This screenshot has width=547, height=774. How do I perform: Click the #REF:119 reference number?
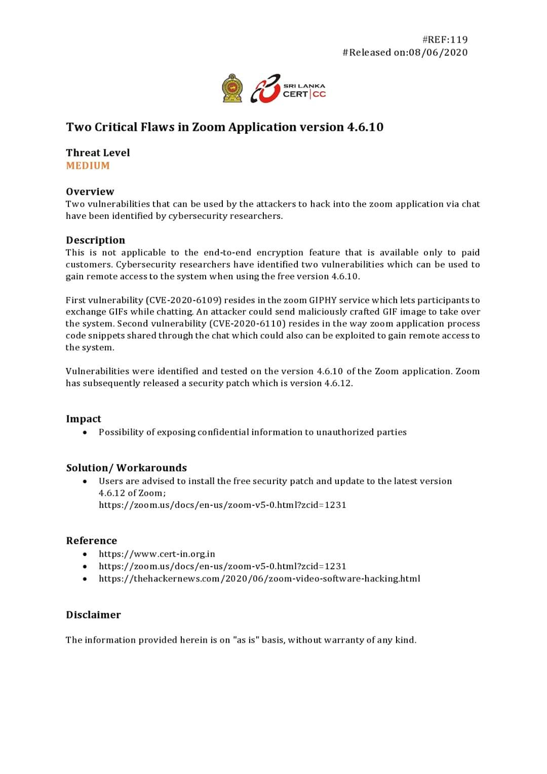point(445,40)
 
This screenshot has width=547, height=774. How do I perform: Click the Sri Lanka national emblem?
point(232,88)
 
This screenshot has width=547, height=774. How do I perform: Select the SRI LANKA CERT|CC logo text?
point(304,91)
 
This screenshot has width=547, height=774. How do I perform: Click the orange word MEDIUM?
point(88,166)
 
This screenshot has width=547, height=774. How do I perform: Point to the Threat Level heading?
point(98,153)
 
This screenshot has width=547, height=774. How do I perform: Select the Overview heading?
point(90,192)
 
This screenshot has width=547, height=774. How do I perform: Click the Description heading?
point(95,240)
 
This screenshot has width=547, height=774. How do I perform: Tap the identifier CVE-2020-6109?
point(184,300)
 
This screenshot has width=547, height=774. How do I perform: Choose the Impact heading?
point(84,419)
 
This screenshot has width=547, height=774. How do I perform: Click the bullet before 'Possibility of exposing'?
point(85,432)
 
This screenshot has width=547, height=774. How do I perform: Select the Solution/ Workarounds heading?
point(126,468)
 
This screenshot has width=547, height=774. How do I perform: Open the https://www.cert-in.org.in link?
point(157,554)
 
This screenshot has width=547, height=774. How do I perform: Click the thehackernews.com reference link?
point(259,578)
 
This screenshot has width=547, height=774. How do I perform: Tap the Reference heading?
point(91,540)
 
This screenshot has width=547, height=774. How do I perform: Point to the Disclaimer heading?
point(93,615)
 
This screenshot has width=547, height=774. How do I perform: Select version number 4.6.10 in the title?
point(365,127)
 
